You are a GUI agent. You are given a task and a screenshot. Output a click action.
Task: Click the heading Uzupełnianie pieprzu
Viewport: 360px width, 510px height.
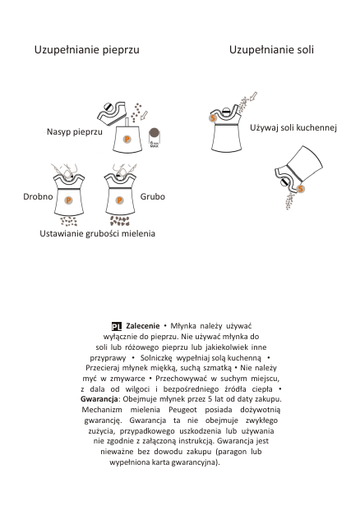click(87, 50)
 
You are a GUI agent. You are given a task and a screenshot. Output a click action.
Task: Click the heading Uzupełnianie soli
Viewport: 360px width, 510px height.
click(271, 50)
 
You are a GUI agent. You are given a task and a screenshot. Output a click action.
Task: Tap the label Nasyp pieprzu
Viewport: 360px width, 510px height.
click(75, 131)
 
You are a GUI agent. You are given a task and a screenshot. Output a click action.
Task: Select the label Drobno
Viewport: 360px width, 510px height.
click(38, 196)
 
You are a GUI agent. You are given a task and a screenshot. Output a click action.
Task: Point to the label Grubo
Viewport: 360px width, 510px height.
click(153, 196)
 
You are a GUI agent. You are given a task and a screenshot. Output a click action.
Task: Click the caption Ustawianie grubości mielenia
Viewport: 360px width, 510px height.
click(97, 233)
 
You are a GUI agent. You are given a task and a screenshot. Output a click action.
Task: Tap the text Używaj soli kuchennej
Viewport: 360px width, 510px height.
click(293, 127)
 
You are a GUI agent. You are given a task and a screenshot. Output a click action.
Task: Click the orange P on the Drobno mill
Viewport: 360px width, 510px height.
click(68, 200)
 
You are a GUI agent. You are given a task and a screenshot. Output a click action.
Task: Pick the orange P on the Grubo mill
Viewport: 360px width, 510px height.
click(119, 200)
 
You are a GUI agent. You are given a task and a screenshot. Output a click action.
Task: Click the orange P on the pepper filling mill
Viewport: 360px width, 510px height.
click(127, 140)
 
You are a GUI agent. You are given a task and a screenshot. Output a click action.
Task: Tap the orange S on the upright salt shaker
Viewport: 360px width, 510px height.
click(213, 117)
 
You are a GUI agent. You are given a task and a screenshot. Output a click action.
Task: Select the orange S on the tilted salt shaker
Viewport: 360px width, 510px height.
click(301, 189)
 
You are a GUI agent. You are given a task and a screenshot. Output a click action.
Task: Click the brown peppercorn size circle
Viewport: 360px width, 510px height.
click(154, 133)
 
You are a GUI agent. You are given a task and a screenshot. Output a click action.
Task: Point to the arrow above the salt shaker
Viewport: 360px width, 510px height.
click(253, 96)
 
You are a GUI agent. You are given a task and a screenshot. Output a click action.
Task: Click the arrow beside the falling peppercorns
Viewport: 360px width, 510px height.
click(144, 115)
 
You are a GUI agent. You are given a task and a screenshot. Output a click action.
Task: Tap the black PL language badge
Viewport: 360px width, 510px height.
click(117, 326)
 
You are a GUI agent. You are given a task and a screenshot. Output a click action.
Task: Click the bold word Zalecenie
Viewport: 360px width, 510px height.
click(143, 326)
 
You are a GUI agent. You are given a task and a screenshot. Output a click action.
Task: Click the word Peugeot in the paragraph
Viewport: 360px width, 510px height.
click(182, 410)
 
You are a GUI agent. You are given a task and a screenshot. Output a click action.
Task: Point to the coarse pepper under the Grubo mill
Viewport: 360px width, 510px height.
click(120, 221)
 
